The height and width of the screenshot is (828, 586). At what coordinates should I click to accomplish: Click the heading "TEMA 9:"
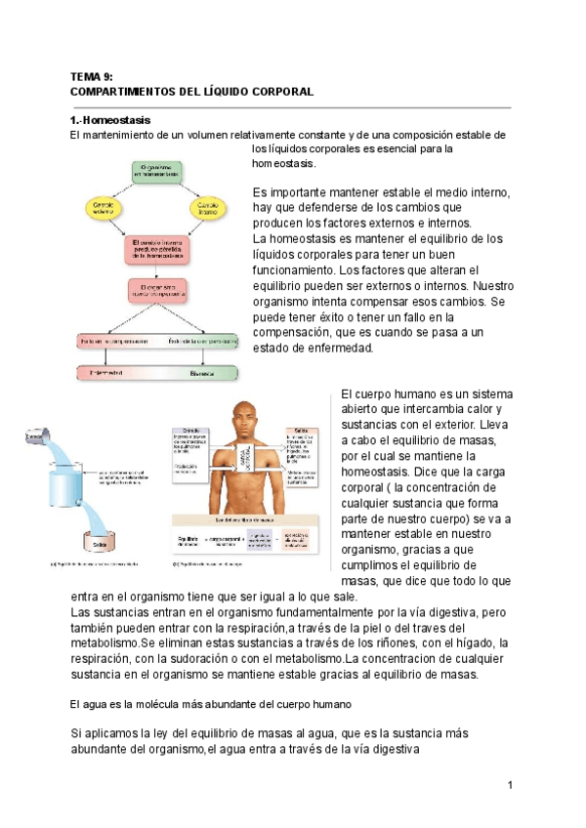point(93,76)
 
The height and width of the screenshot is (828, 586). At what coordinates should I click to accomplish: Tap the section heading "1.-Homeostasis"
point(111,119)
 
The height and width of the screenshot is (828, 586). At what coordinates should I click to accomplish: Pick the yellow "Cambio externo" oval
point(104,208)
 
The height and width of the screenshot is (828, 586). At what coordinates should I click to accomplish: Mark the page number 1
point(510,786)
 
